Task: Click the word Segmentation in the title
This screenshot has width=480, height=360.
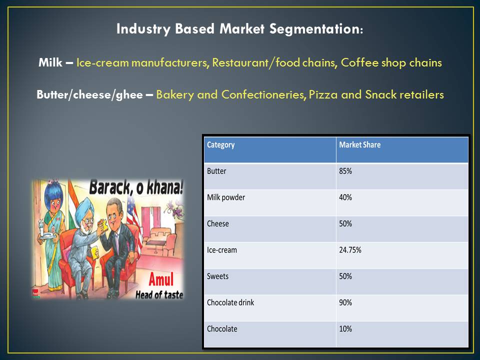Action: click(x=316, y=29)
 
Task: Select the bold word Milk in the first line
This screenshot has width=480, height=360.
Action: click(x=50, y=62)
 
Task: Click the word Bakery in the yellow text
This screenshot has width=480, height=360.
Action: click(x=175, y=94)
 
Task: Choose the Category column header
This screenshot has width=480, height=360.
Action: click(x=220, y=145)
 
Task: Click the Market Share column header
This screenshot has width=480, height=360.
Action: click(x=359, y=144)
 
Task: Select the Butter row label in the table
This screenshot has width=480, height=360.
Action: click(x=216, y=171)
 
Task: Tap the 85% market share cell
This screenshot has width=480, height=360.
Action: click(x=345, y=171)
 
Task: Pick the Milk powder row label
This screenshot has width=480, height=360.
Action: click(x=226, y=197)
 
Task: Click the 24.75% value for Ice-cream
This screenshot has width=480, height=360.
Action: click(x=350, y=250)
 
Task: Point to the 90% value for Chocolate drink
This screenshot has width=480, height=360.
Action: click(x=345, y=303)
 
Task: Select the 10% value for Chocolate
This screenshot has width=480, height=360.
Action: click(x=345, y=329)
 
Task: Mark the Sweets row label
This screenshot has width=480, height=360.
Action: click(x=217, y=276)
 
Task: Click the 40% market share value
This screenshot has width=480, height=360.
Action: click(x=345, y=197)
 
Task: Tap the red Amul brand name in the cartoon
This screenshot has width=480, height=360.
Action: click(x=161, y=279)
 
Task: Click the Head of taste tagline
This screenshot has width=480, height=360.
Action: click(x=159, y=294)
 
